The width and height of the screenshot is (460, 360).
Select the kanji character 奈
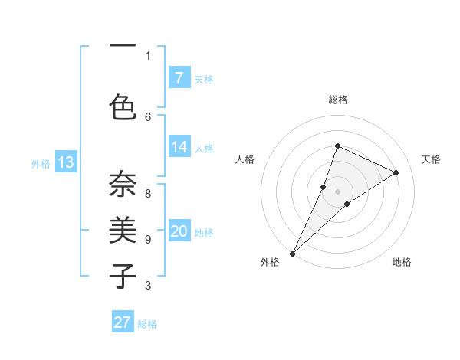122,184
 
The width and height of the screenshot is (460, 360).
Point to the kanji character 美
122,230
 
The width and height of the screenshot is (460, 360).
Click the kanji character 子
122,276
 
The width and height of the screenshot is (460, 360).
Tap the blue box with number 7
179,78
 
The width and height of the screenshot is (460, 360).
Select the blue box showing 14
179,147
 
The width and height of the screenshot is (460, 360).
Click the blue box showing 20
179,231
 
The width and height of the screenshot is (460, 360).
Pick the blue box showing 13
65,162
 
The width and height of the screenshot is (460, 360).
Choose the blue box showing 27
123,322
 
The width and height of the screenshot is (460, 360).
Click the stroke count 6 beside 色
148,116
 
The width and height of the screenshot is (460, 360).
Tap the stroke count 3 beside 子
148,286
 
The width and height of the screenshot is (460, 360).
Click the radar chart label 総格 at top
337,100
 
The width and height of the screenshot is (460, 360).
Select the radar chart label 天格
432,159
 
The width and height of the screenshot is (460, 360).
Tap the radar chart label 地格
402,262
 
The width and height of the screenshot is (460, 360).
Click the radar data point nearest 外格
292,253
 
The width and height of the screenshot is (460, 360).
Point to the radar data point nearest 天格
396,172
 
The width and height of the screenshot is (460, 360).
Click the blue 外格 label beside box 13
40,163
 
